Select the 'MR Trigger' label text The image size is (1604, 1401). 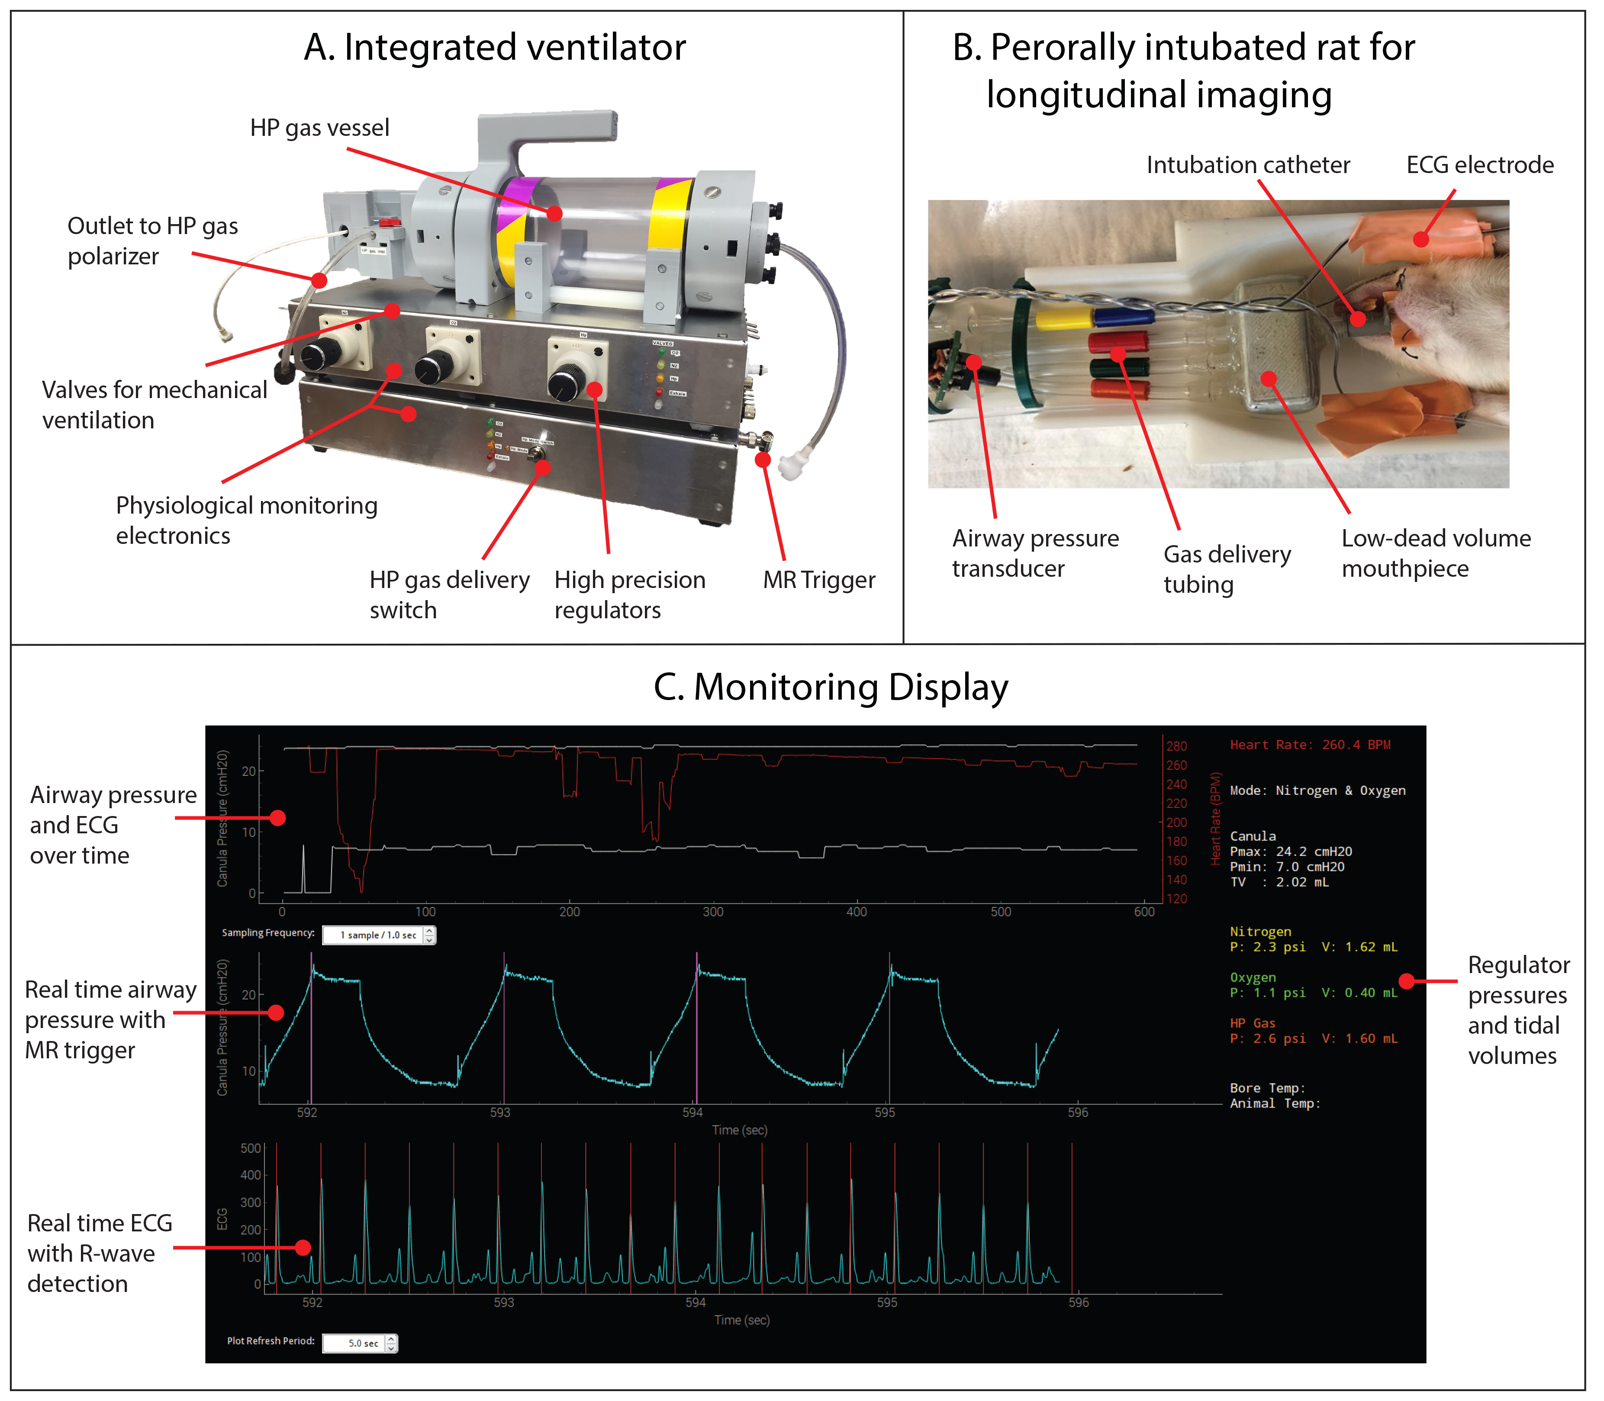[x=819, y=580]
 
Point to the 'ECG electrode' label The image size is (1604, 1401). [x=1480, y=165]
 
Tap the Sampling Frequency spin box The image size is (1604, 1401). [x=379, y=935]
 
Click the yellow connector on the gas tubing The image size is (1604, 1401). [x=1063, y=318]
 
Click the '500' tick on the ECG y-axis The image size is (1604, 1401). [x=250, y=1148]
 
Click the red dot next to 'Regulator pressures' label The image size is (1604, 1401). [x=1406, y=981]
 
